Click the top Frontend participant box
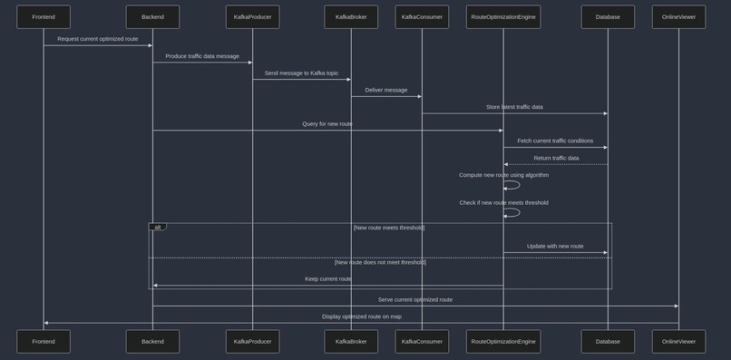43,16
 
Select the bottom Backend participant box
152,341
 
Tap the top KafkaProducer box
252,16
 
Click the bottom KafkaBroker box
351,341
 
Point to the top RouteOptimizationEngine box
503,16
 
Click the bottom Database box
608,341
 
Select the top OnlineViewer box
678,16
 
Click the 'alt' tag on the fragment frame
157,227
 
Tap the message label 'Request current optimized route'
97,39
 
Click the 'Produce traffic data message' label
201,56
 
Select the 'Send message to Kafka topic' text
301,73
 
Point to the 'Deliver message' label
385,90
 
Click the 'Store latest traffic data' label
514,107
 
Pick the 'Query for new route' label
327,123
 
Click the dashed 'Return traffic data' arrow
555,164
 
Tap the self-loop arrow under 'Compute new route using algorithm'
514,185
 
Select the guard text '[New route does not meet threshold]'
379,262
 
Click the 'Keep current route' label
327,279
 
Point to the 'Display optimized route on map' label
361,316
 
